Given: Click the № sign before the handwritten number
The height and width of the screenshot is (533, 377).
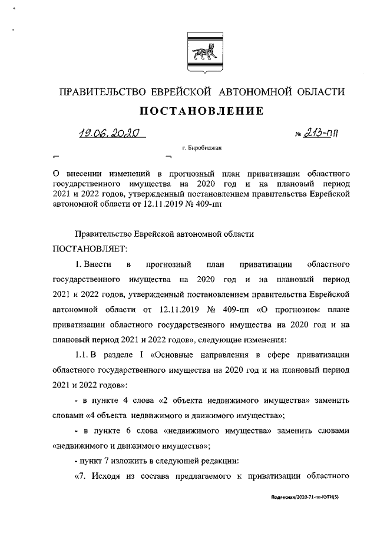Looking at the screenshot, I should pos(297,135).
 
